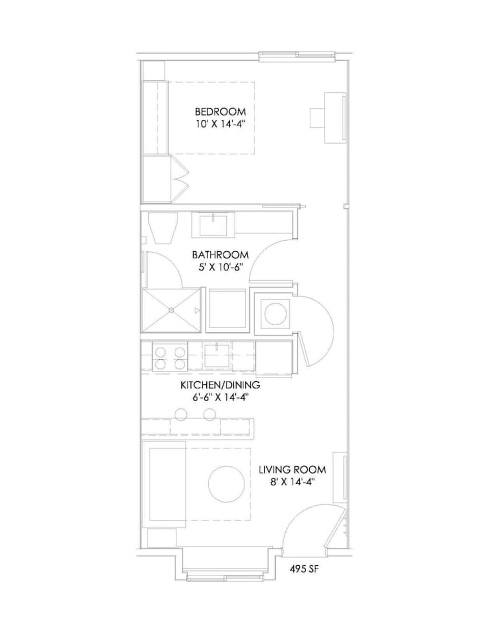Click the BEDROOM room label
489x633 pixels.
click(x=220, y=111)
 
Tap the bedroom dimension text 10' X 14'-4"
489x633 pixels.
click(x=217, y=124)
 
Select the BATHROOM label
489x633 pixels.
click(x=220, y=254)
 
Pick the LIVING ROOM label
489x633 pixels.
click(x=292, y=469)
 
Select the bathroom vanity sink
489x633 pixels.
click(x=213, y=224)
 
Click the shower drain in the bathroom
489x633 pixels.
click(x=171, y=310)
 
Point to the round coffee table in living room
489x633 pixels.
click(x=228, y=483)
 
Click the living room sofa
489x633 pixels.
click(x=164, y=484)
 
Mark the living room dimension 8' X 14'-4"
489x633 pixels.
click(x=292, y=482)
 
